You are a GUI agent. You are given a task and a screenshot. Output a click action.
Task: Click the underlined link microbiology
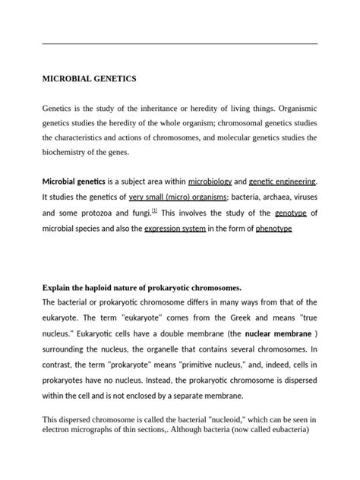tap(209, 182)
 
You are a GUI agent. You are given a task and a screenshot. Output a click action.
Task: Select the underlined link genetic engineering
tap(284, 182)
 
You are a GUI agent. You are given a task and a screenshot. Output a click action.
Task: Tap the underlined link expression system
tap(174, 229)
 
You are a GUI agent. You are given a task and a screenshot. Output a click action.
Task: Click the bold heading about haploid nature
tap(142, 288)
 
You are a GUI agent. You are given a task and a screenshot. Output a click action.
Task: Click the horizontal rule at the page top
tap(179, 44)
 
